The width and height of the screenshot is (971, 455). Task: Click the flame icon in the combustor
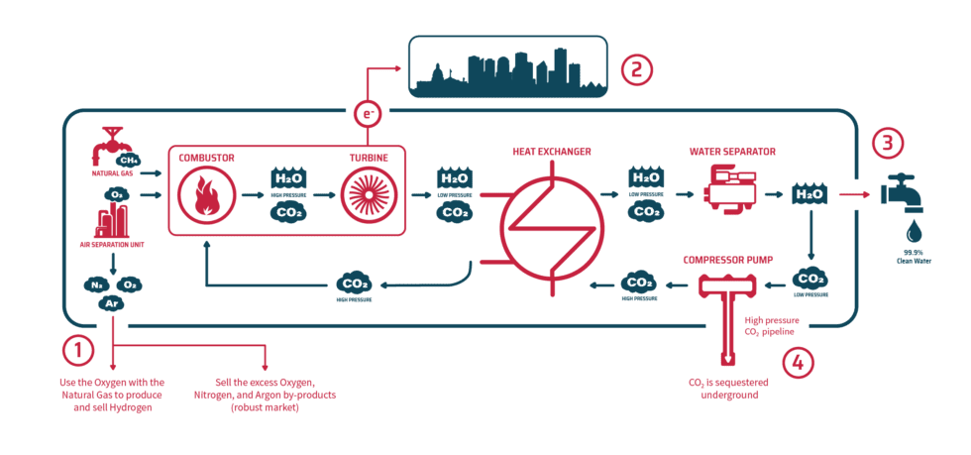click(207, 194)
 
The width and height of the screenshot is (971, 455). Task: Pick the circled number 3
click(889, 143)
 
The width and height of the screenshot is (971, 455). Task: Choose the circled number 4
click(799, 362)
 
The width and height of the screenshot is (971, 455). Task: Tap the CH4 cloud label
click(128, 160)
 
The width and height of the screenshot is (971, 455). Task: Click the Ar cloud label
click(112, 303)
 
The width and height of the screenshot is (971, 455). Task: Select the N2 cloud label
click(97, 284)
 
